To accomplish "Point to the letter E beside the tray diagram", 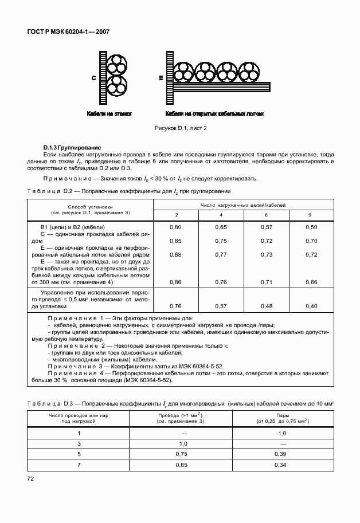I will (x=161, y=78).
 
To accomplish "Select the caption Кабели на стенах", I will (x=109, y=114).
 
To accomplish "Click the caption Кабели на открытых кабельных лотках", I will (x=214, y=114).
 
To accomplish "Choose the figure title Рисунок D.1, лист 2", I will (x=180, y=129).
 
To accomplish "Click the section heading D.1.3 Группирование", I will (x=72, y=148).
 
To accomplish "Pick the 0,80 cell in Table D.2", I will (x=175, y=227).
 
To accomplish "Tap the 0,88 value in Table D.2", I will (x=175, y=254).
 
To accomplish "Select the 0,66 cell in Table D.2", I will (x=311, y=282).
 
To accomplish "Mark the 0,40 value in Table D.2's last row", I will (x=311, y=306).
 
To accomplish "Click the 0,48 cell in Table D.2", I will (x=266, y=306).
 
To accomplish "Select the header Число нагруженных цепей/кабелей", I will (x=242, y=205).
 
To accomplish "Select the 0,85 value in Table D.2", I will (x=175, y=241).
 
